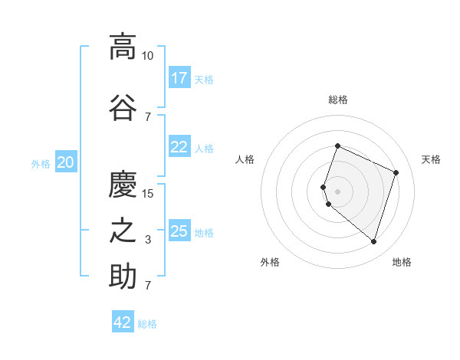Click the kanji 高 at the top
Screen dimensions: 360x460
coord(123,47)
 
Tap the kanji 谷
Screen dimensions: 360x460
coord(123,107)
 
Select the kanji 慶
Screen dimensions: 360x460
coord(123,184)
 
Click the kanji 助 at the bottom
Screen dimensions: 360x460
coord(123,277)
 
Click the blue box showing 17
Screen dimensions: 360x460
coord(179,78)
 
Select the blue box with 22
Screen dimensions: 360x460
coord(179,147)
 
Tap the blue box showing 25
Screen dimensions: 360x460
coord(179,231)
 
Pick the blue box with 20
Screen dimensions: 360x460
coord(66,162)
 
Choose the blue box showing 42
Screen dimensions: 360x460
coord(123,322)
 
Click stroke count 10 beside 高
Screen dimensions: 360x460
coord(147,56)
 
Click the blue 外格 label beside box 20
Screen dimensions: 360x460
coord(41,163)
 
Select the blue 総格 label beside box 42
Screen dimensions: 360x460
coord(147,324)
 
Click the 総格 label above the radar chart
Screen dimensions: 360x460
coord(337,100)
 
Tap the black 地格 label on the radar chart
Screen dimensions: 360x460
coord(402,262)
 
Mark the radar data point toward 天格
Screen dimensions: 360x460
coord(396,172)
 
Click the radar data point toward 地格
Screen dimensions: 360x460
coord(373,242)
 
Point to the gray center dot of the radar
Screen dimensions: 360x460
coord(337,191)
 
